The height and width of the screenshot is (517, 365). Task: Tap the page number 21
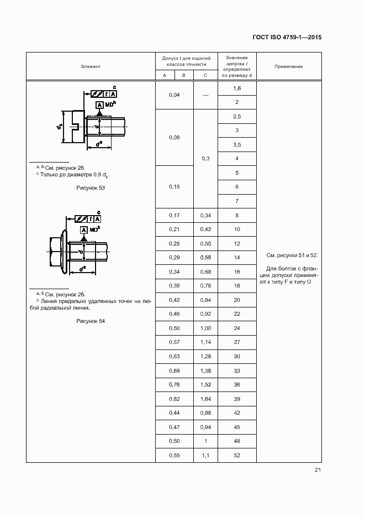(318, 470)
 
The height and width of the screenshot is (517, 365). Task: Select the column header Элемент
(90, 66)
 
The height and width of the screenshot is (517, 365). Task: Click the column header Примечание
(288, 66)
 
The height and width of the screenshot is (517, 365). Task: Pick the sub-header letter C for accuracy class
(205, 75)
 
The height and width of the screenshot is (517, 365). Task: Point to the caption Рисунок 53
(91, 187)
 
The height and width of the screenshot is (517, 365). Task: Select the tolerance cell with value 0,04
(173, 95)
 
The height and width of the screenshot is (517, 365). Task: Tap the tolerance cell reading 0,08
(173, 137)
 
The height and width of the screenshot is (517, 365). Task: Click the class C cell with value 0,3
(205, 159)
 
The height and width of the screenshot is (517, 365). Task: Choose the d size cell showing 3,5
(236, 144)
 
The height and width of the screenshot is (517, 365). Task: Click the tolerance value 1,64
(205, 399)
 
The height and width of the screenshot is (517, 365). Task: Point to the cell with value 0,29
(173, 258)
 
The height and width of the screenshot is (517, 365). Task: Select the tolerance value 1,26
(205, 356)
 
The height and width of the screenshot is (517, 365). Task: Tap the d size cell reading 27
(236, 342)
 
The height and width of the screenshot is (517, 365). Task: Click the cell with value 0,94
(205, 427)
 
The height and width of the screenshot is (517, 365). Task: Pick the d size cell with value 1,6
(236, 88)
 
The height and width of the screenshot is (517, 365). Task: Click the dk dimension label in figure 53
(59, 127)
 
